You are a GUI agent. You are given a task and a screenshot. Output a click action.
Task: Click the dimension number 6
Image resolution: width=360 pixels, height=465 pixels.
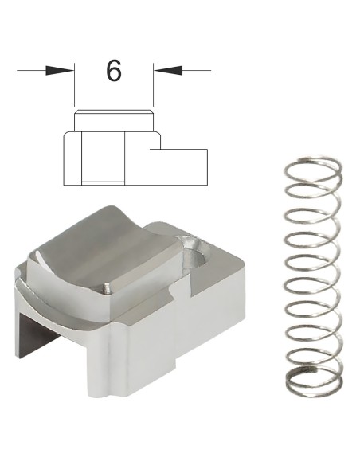[114, 71]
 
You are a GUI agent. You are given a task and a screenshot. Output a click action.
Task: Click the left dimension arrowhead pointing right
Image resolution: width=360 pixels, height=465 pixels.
[60, 71]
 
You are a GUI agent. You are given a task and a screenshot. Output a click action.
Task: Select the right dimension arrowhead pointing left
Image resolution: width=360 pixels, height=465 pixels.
[168, 71]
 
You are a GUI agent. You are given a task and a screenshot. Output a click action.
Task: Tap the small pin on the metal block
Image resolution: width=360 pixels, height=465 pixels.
[106, 288]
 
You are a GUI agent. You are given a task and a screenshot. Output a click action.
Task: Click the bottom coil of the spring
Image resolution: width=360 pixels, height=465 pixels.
[314, 381]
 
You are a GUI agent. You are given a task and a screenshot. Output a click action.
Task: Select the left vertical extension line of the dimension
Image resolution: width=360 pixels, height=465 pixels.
[74, 84]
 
